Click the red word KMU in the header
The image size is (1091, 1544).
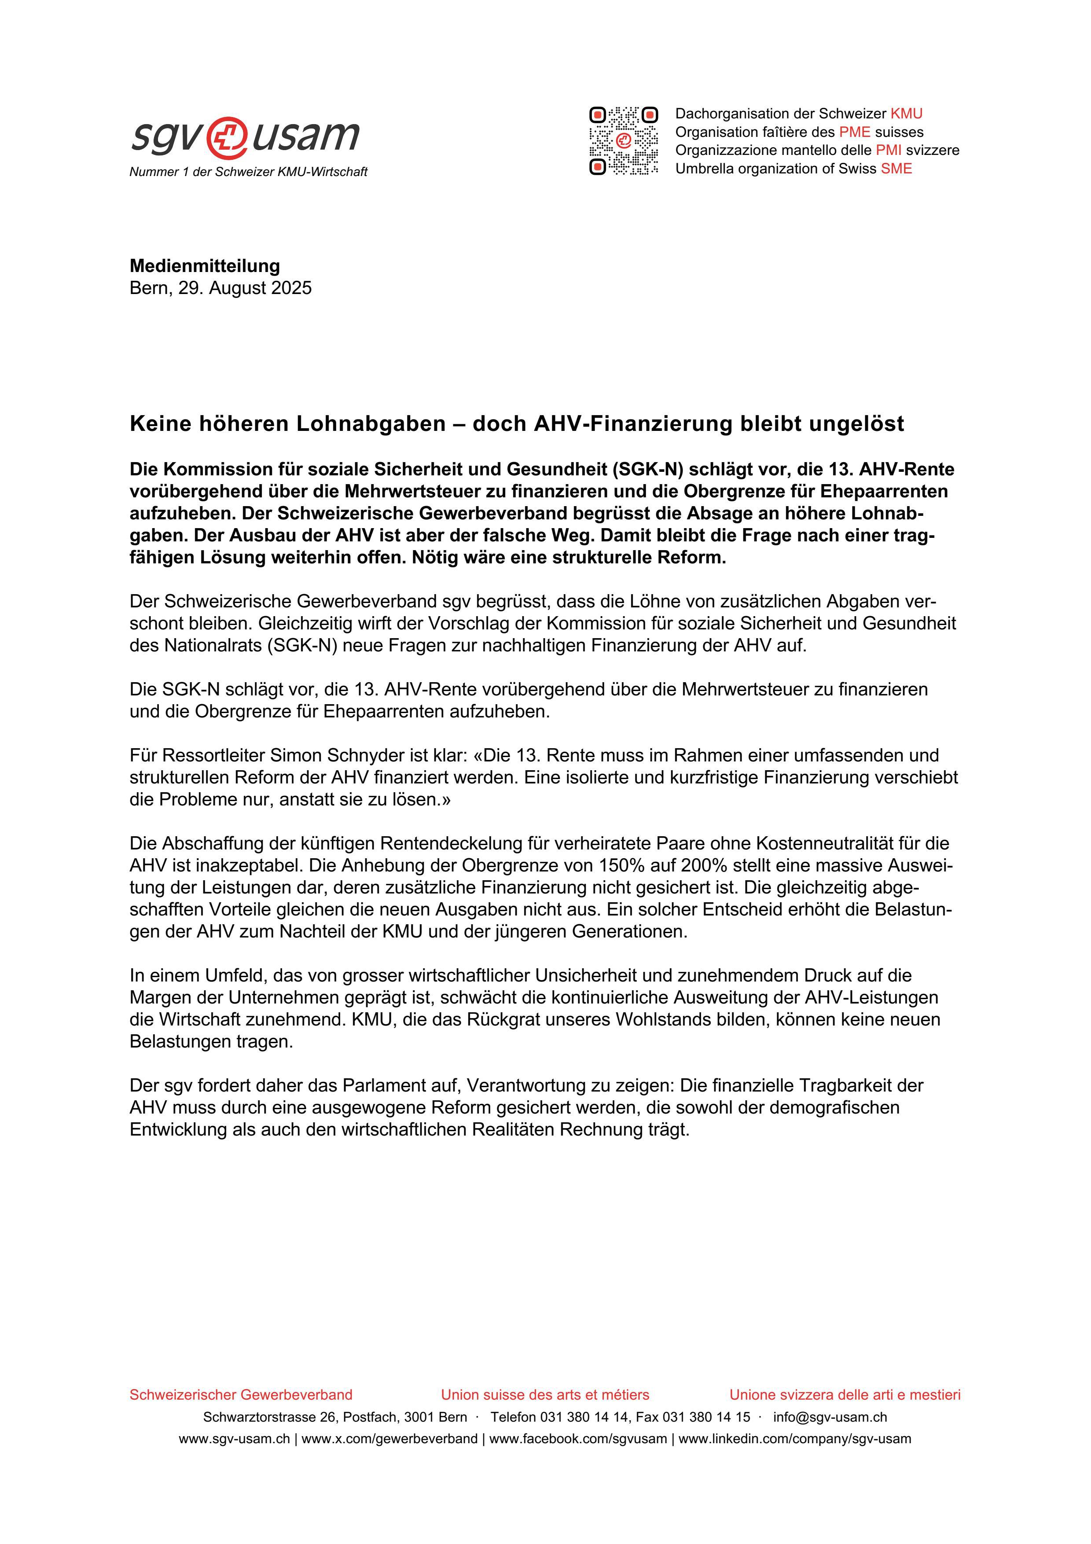coord(906,114)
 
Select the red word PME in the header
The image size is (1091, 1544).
coord(854,132)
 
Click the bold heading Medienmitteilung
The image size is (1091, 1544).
coord(204,266)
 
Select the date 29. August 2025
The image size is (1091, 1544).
coord(245,288)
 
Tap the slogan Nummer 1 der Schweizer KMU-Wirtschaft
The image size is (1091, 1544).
coord(248,172)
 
